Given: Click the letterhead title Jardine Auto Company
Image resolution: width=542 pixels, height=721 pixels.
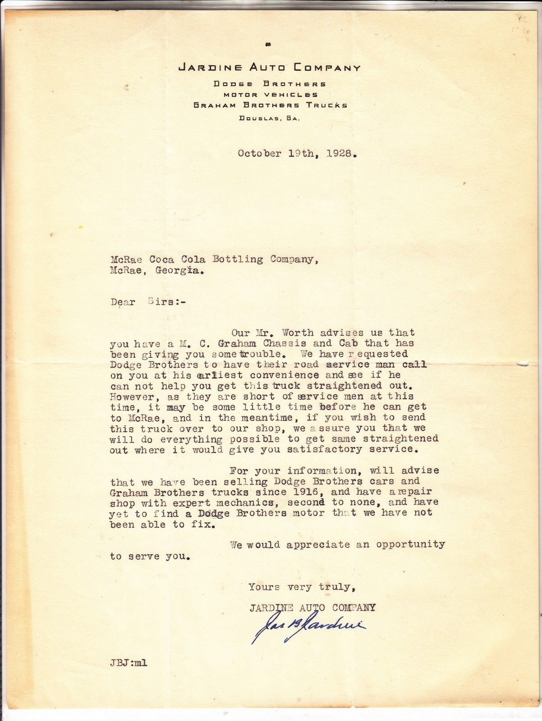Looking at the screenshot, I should point(270,68).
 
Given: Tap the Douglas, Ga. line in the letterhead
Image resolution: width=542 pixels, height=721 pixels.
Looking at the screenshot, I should point(269,119).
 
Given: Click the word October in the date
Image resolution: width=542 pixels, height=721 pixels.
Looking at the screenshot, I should point(259,153).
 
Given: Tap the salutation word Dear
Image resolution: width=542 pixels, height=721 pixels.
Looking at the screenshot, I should point(123,302).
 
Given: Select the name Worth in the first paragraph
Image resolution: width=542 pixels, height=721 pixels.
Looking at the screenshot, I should point(298,333).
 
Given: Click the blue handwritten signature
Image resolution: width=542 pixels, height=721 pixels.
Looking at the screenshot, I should point(308,625).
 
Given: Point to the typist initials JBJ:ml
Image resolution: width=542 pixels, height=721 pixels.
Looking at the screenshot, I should point(128,663).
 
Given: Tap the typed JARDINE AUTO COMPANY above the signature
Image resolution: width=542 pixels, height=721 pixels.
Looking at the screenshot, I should point(312,608).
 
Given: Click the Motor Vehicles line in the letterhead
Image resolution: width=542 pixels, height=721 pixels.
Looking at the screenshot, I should point(271,95).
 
